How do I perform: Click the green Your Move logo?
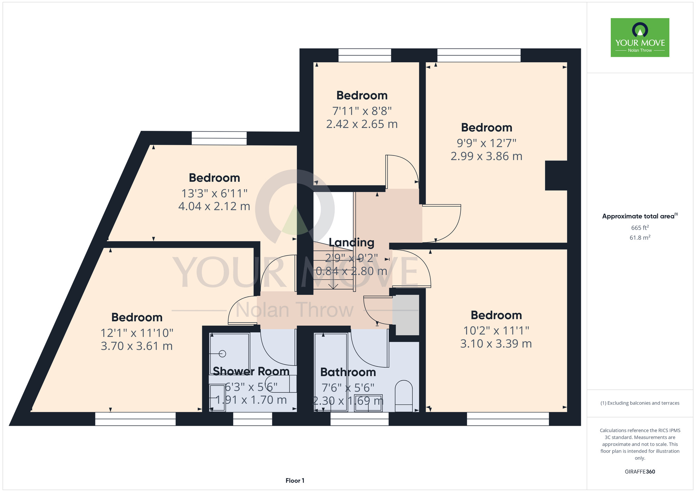[x=640, y=38]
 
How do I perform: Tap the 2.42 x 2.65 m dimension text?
[x=362, y=124]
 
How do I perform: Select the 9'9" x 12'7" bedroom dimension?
[x=487, y=143]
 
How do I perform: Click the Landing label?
[x=351, y=243]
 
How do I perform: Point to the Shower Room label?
[x=251, y=371]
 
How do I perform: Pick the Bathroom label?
[x=348, y=372]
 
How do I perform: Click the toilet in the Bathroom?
[x=404, y=396]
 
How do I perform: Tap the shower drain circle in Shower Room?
[x=223, y=354]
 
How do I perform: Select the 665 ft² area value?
[x=640, y=228]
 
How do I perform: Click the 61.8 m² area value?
[x=640, y=238]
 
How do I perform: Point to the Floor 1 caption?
[x=295, y=481]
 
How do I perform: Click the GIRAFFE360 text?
[x=640, y=472]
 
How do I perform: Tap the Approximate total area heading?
[x=640, y=216]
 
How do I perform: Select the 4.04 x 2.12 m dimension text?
[x=214, y=206]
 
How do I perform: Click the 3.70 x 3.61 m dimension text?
[x=137, y=346]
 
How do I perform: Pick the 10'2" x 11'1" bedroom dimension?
[x=496, y=330]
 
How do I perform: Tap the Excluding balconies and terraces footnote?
[x=640, y=403]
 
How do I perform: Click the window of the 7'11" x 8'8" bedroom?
[x=365, y=55]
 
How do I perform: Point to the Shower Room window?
[x=253, y=419]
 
